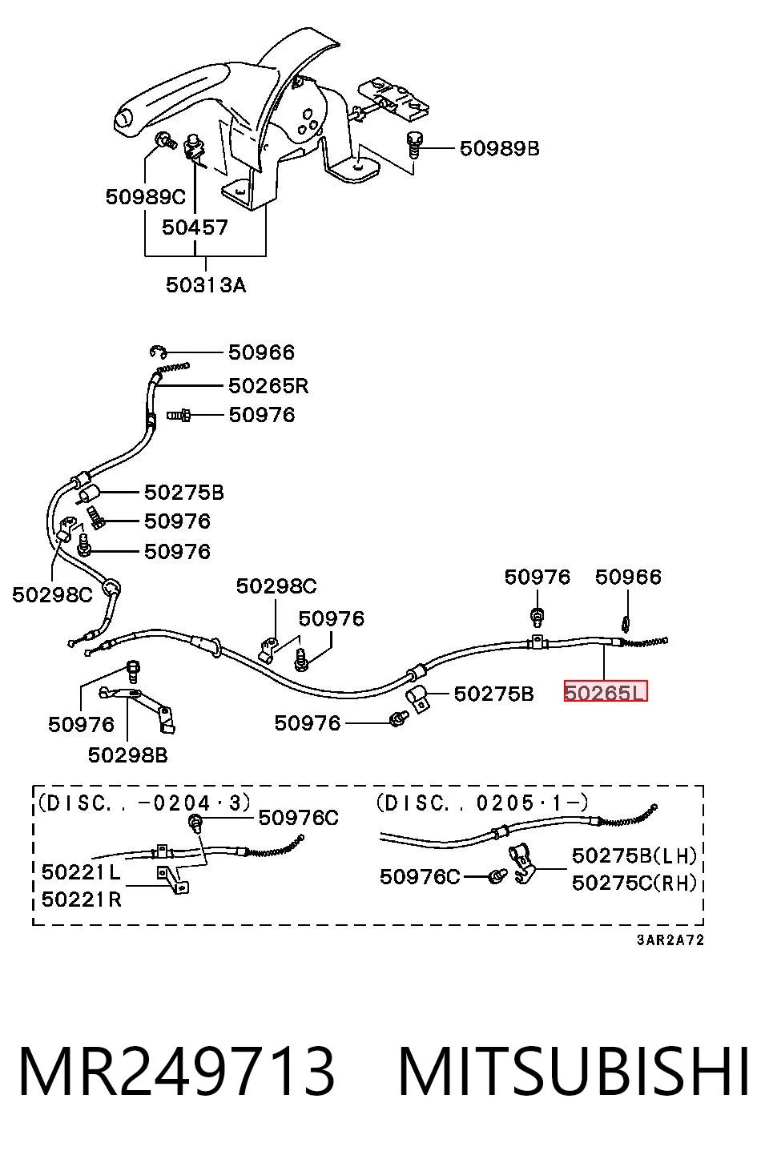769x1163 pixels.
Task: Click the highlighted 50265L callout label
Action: click(606, 692)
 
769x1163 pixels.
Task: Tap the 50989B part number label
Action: click(500, 148)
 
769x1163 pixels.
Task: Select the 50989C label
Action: click(145, 197)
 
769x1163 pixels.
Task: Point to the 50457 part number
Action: click(195, 227)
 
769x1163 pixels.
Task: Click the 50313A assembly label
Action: click(206, 285)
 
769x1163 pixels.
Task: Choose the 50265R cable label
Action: click(268, 386)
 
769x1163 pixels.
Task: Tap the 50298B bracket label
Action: click(127, 755)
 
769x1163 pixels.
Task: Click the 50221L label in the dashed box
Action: click(81, 872)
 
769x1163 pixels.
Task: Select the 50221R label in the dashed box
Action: click(82, 899)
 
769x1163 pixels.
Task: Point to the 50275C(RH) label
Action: click(634, 883)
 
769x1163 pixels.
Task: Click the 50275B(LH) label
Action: click(634, 855)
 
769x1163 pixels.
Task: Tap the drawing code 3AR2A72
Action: click(670, 940)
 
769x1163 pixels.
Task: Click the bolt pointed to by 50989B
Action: click(414, 145)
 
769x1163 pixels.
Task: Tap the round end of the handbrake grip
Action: click(123, 119)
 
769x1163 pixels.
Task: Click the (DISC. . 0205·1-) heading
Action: click(482, 803)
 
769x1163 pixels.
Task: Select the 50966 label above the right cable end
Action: click(628, 577)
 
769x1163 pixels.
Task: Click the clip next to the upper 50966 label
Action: click(159, 352)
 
